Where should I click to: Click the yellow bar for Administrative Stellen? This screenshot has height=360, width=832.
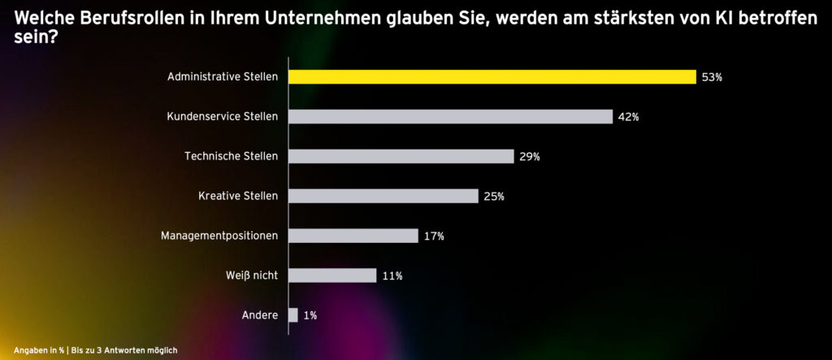click(x=492, y=77)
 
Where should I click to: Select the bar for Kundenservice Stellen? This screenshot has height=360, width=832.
click(x=451, y=116)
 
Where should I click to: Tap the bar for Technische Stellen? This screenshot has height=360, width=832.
click(x=401, y=156)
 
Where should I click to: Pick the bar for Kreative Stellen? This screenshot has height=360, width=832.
click(x=383, y=196)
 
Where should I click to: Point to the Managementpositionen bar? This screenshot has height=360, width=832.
click(x=353, y=236)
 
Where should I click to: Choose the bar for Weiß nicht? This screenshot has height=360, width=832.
click(x=333, y=275)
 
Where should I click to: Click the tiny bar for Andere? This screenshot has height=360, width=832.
click(x=294, y=315)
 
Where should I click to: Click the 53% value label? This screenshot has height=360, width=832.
click(x=712, y=77)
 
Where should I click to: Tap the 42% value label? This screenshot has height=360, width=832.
click(x=628, y=117)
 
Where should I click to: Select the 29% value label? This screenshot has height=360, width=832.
click(x=530, y=157)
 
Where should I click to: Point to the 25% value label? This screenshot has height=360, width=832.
click(x=494, y=197)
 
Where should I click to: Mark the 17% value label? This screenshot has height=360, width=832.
click(x=434, y=236)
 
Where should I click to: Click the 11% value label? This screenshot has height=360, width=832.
click(x=392, y=276)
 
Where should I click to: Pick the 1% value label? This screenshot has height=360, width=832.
click(x=310, y=315)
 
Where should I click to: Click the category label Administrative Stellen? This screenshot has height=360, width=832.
click(x=223, y=77)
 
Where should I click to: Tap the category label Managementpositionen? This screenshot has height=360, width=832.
click(x=221, y=236)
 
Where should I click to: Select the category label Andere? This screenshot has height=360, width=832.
click(x=260, y=315)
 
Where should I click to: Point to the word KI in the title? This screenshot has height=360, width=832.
click(x=695, y=18)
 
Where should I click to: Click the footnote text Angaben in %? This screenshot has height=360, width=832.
click(x=39, y=350)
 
